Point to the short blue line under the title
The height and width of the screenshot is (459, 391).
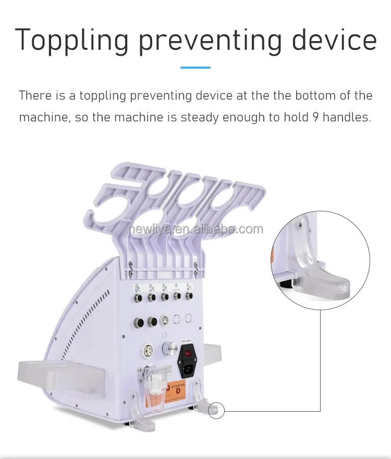(195, 68)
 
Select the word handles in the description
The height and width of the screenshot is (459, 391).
(346, 117)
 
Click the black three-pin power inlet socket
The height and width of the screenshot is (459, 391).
(187, 369)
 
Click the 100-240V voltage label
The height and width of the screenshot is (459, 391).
(187, 341)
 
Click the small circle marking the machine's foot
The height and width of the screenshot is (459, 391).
(215, 410)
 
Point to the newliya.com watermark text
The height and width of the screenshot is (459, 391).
(195, 229)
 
